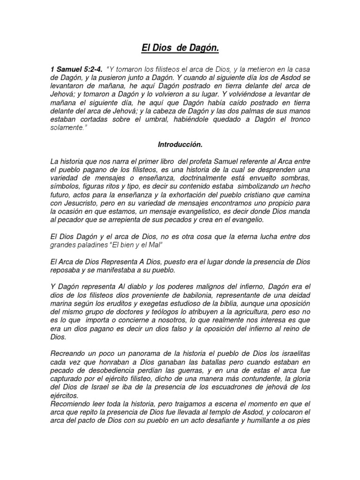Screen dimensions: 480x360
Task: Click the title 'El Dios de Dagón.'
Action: pyautogui.click(x=180, y=48)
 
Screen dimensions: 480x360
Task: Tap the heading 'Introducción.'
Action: pyautogui.click(x=180, y=145)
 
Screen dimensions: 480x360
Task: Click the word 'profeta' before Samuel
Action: pyautogui.click(x=192, y=161)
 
